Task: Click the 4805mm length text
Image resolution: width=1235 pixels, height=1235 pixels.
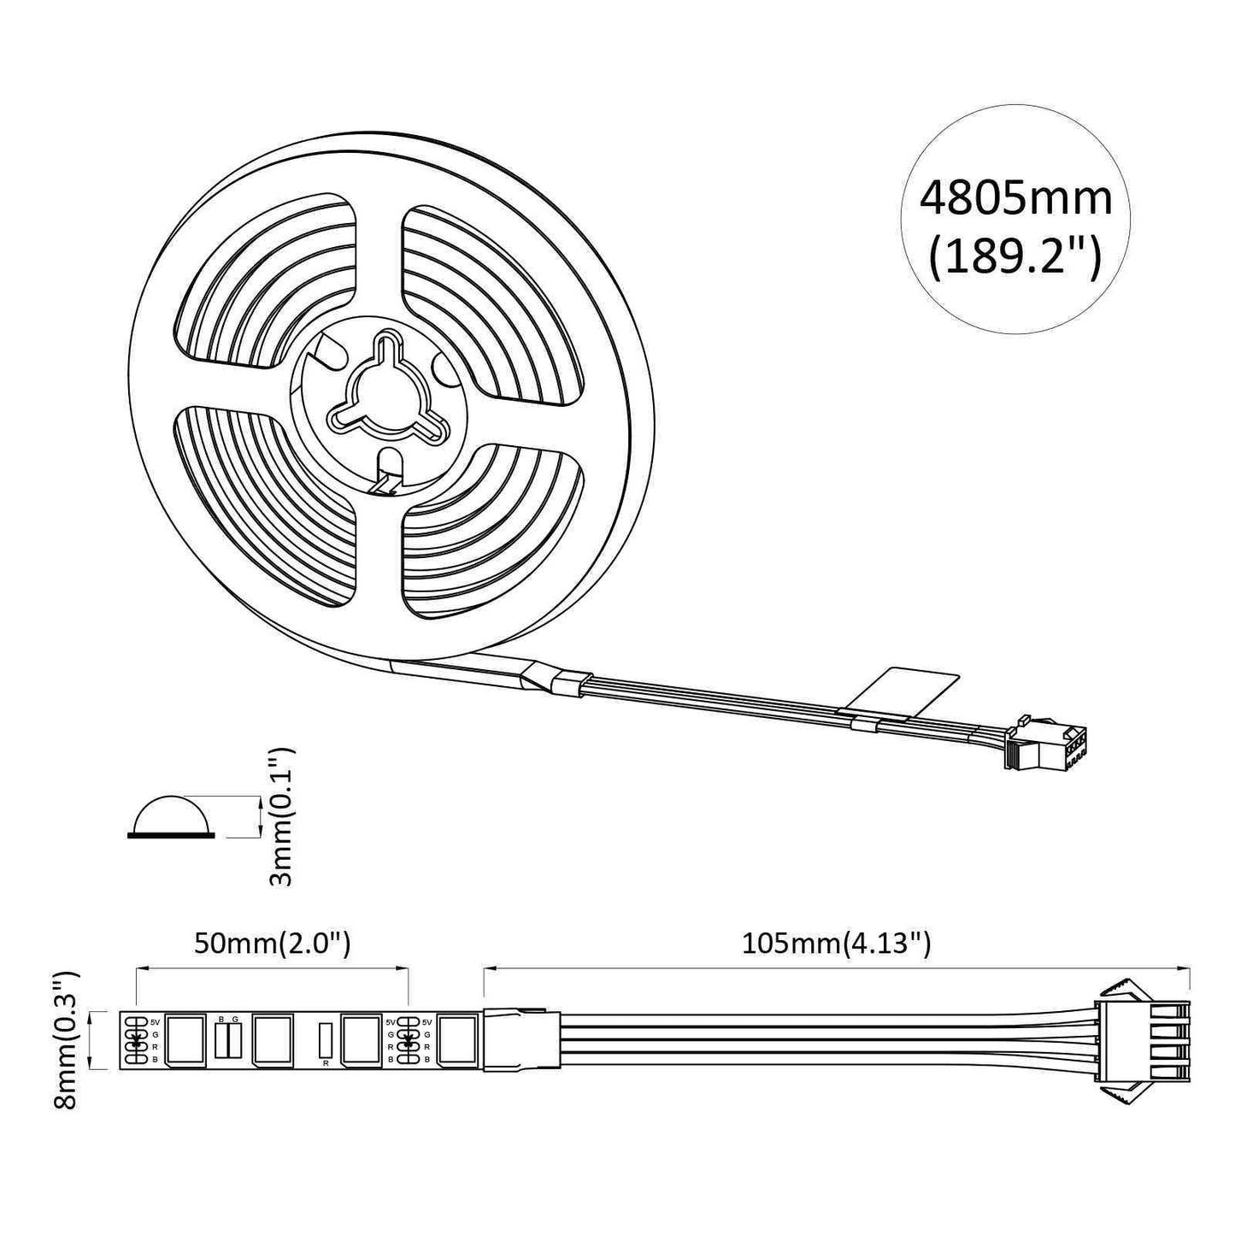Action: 1015,198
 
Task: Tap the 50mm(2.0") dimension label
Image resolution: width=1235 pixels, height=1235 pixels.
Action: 272,944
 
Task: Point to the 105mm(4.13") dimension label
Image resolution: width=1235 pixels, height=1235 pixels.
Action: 836,944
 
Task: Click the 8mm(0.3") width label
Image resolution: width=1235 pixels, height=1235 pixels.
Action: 66,1039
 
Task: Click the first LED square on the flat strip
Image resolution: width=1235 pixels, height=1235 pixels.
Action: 185,1040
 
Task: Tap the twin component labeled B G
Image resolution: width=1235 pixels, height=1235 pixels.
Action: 228,1039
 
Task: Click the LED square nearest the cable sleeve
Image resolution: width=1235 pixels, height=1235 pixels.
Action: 457,1040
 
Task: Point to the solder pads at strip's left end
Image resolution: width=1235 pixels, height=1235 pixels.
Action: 135,1040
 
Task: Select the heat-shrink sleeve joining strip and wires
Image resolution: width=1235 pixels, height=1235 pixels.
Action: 521,1040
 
